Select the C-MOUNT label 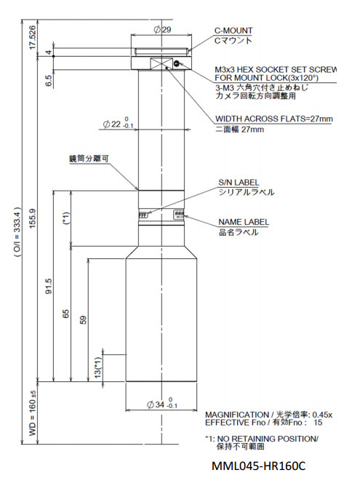tap(233, 31)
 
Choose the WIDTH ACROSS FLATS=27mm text tap(274, 119)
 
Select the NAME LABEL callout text tap(244, 222)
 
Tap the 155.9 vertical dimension tap(32, 217)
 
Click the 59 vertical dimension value tap(84, 320)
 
